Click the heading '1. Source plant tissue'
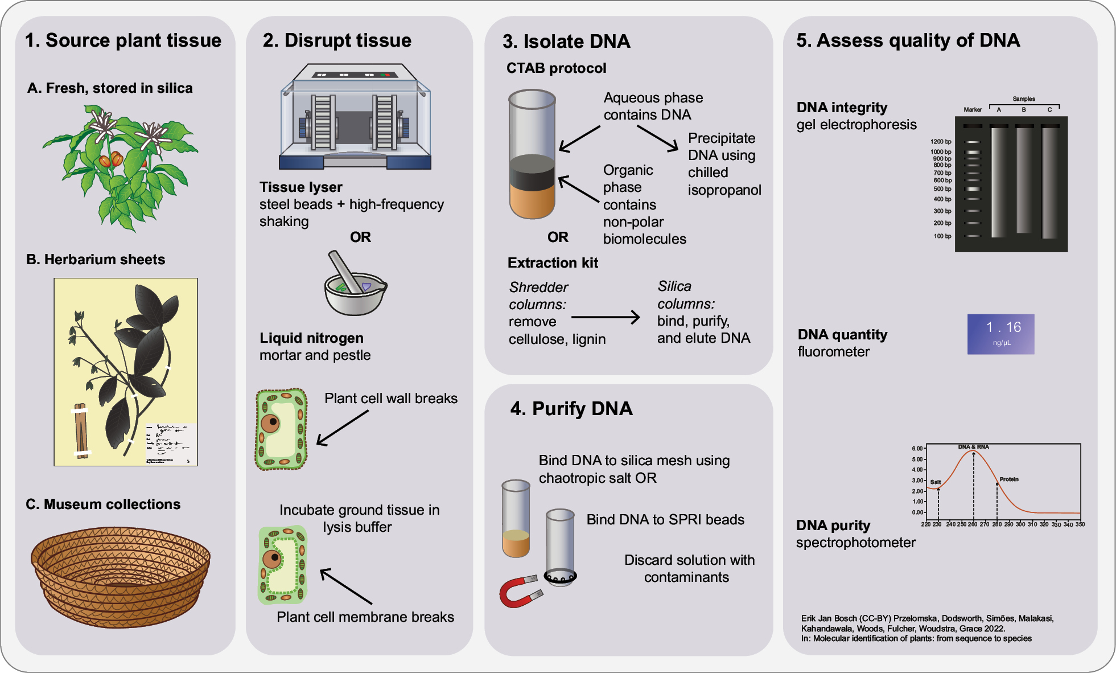(123, 40)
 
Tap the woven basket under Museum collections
(120, 576)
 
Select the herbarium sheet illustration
(126, 372)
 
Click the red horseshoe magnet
(519, 592)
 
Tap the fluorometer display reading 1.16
(1000, 334)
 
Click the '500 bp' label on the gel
(942, 189)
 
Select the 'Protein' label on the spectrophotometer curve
(1009, 479)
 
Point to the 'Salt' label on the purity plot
(936, 482)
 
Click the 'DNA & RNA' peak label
(973, 447)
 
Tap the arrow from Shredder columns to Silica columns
(606, 317)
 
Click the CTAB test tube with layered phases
(532, 155)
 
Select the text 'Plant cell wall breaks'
(390, 399)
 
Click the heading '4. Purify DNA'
(571, 409)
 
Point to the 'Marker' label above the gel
(973, 110)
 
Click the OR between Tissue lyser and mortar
(360, 237)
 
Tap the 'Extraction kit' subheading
(553, 263)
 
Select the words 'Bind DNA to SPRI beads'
(665, 520)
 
